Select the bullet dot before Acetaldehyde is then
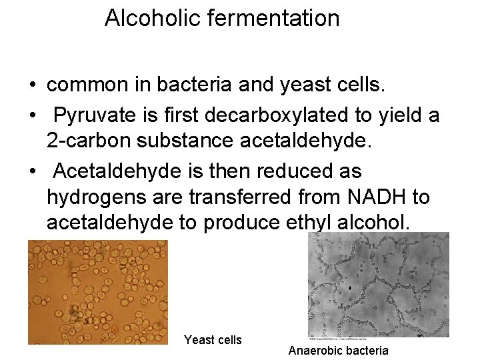(32, 172)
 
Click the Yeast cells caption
(213, 340)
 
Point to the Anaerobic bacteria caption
(338, 350)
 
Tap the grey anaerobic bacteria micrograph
(378, 285)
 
